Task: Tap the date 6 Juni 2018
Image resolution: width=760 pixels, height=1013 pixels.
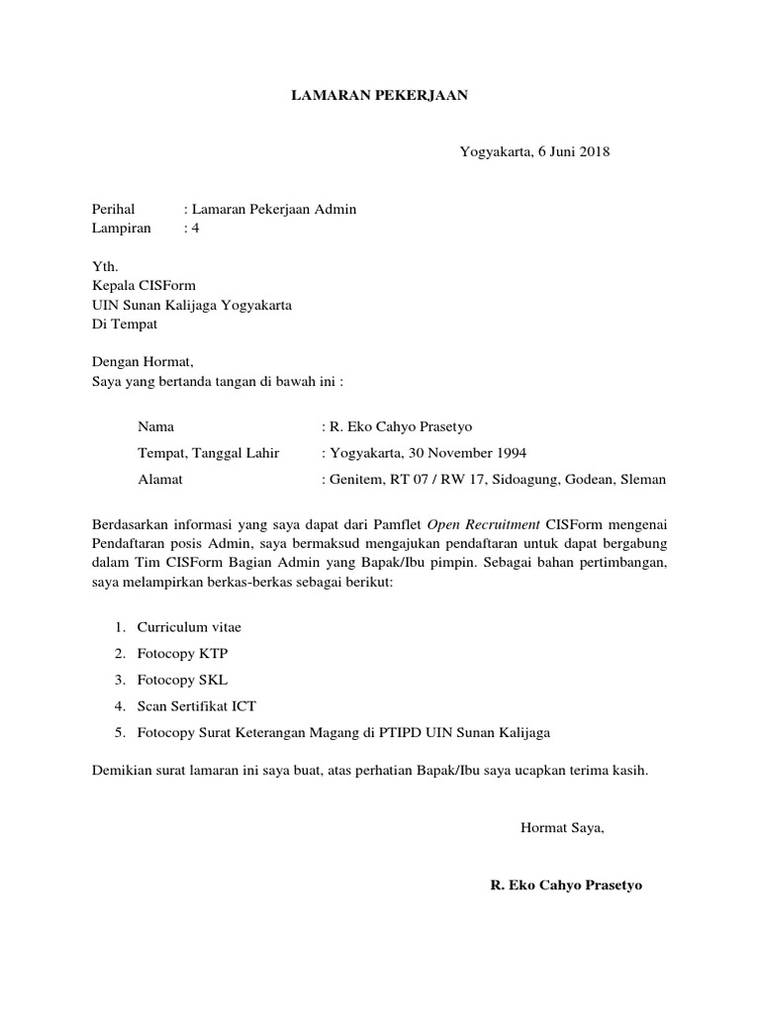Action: pyautogui.click(x=574, y=151)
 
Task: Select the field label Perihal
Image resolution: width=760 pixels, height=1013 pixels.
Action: pyautogui.click(x=112, y=209)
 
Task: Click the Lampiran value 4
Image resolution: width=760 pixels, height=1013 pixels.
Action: pyautogui.click(x=195, y=228)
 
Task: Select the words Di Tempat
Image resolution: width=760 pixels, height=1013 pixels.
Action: pyautogui.click(x=124, y=323)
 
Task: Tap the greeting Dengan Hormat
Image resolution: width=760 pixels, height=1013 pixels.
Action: pyautogui.click(x=143, y=362)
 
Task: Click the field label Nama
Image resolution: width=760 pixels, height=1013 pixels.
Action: pyautogui.click(x=155, y=427)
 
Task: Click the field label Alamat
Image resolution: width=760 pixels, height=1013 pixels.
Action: pyautogui.click(x=160, y=480)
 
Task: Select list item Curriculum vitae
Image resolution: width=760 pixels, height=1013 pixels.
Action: pyautogui.click(x=188, y=627)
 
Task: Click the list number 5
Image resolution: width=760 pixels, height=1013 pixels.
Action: pyautogui.click(x=119, y=732)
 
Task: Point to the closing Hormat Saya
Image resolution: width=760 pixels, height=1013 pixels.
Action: pyautogui.click(x=562, y=828)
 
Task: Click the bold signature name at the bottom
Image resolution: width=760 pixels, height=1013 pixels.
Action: pyautogui.click(x=566, y=885)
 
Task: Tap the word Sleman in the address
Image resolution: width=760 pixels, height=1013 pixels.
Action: pyautogui.click(x=643, y=480)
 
